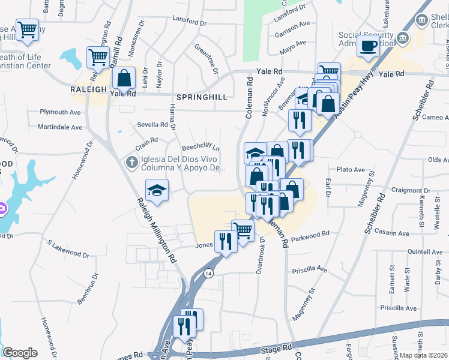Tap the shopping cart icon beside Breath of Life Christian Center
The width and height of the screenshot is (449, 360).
[x=28, y=29]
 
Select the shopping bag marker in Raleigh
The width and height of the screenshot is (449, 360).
[x=124, y=78]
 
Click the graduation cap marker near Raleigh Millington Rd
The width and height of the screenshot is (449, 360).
[x=157, y=190]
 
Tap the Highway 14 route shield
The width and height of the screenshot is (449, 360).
[x=208, y=273]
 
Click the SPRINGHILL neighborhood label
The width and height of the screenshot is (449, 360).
[x=202, y=97]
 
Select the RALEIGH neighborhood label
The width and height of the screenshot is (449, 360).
[x=88, y=89]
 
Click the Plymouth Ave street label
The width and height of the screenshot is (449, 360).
[x=60, y=112]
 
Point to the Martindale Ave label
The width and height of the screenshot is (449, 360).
[x=60, y=127]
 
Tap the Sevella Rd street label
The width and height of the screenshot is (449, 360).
[x=152, y=125]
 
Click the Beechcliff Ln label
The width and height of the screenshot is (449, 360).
[x=201, y=148]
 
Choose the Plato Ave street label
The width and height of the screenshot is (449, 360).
[x=351, y=170]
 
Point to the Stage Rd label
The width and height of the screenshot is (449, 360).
[x=276, y=348]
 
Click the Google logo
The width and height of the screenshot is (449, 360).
[x=20, y=353]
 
